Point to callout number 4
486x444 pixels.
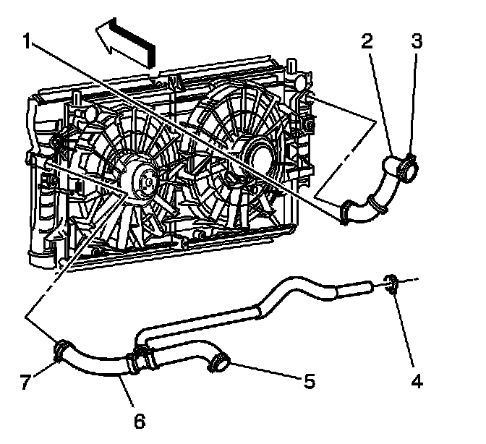point(417,382)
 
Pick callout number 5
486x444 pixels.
point(309,381)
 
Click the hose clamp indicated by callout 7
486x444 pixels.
point(60,352)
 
